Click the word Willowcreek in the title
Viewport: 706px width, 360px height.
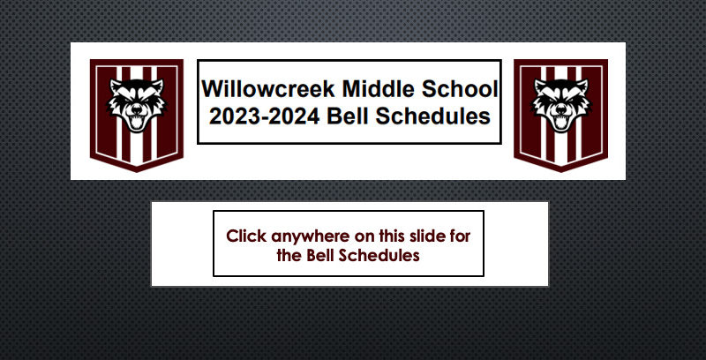[x=268, y=88]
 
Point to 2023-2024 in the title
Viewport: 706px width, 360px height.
[x=265, y=116]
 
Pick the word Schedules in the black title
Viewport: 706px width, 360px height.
[x=433, y=116]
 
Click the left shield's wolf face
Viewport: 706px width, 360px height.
[x=137, y=105]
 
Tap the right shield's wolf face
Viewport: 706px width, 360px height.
[x=561, y=105]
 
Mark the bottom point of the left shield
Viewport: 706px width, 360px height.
[x=137, y=172]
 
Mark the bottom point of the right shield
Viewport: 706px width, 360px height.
[x=561, y=172]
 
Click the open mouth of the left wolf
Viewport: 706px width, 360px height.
[x=137, y=122]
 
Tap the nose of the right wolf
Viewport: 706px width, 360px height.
[x=561, y=109]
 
